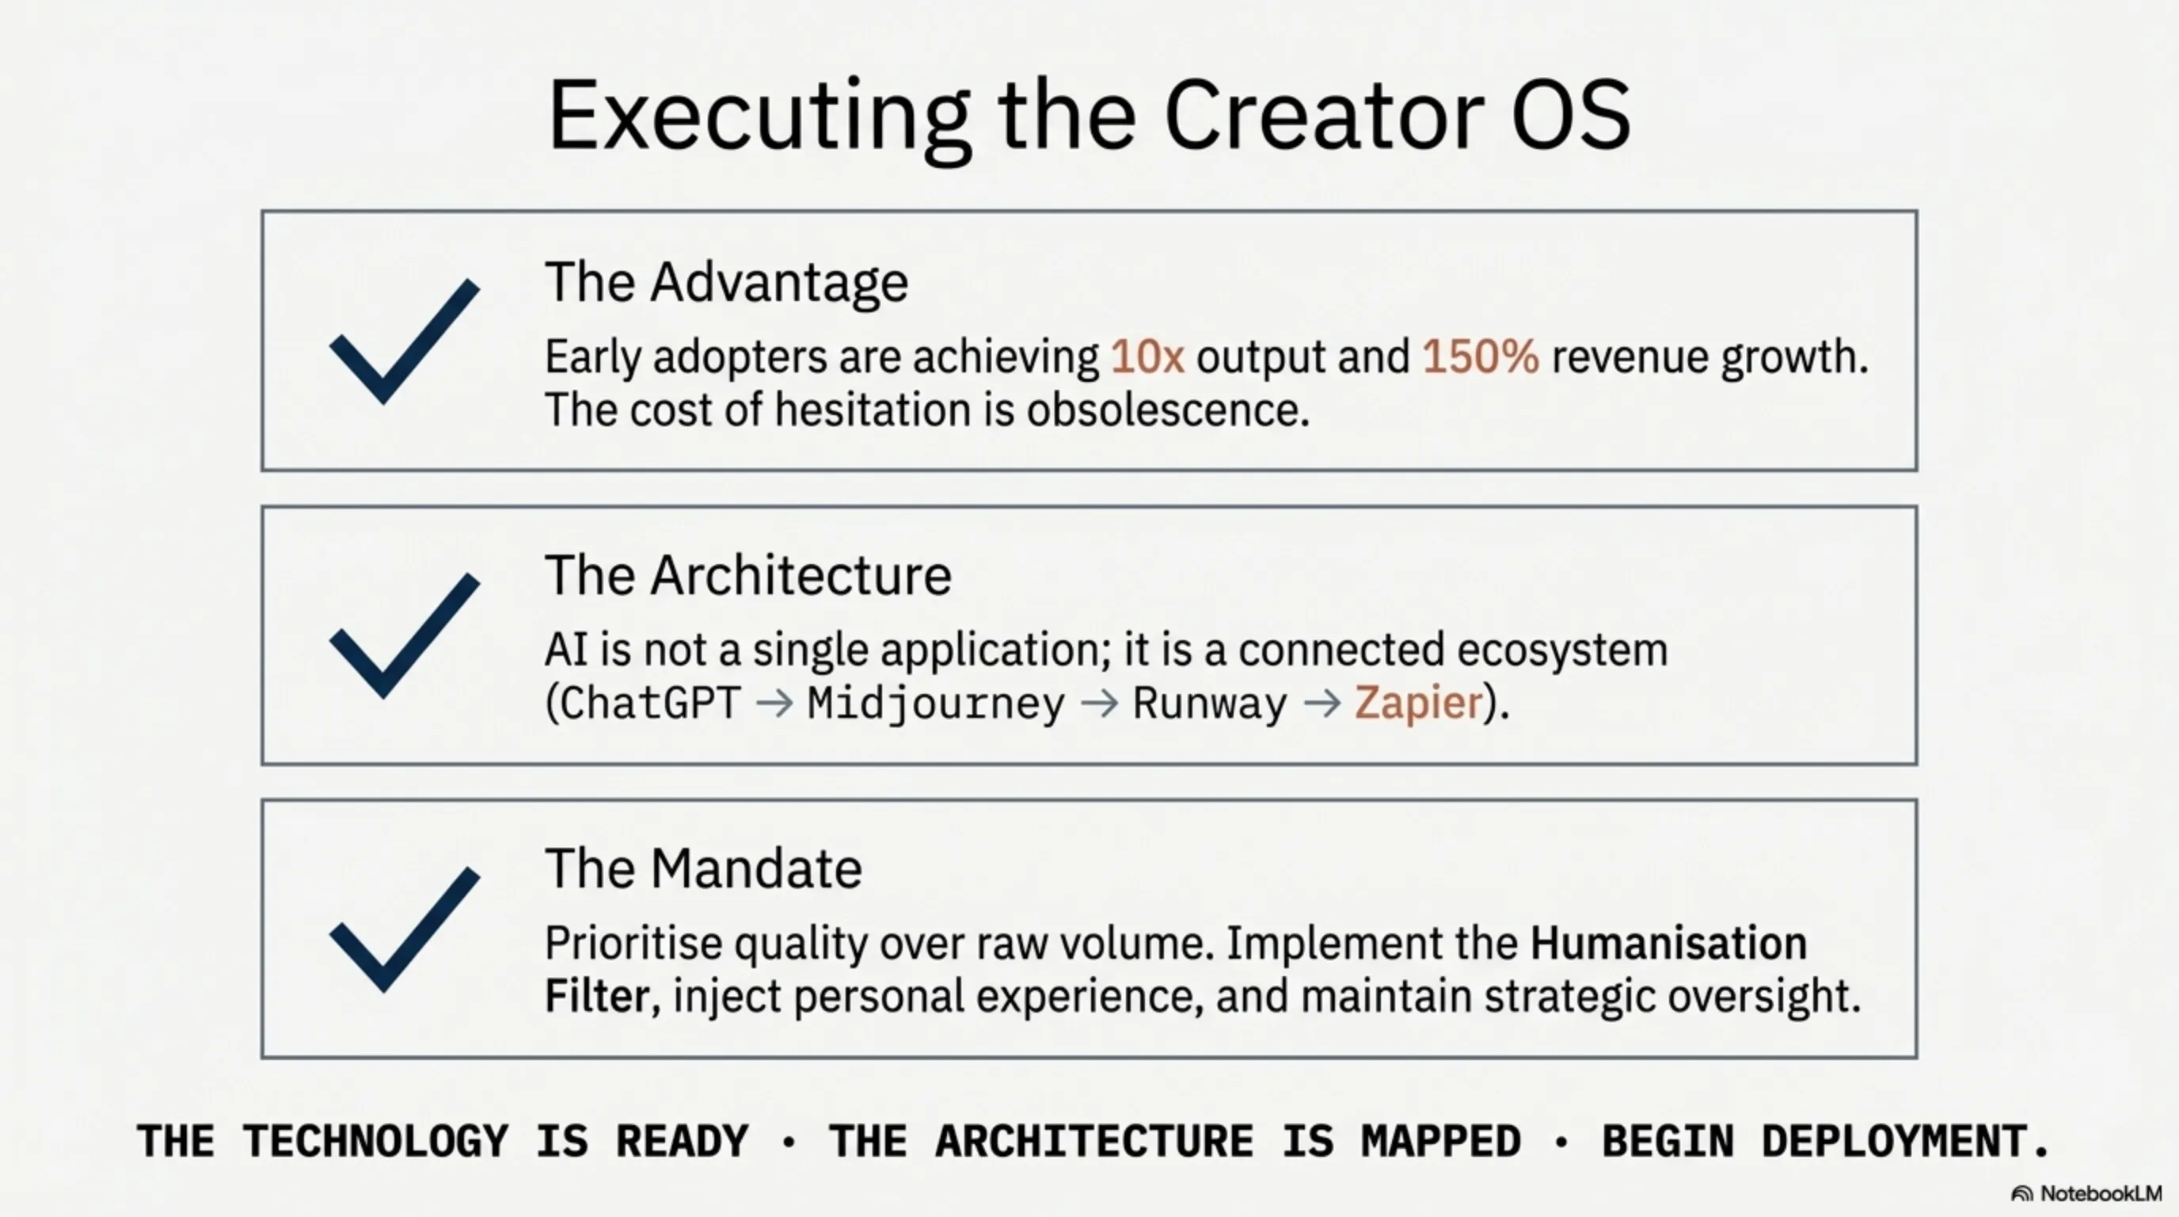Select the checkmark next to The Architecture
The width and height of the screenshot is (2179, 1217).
[x=405, y=635]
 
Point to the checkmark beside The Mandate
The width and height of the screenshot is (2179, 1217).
[x=405, y=929]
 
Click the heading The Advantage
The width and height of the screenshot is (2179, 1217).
[x=727, y=283]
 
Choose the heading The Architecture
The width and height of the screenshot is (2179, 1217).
[x=748, y=576]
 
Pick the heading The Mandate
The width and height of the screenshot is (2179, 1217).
[x=704, y=869]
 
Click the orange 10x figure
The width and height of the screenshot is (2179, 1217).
[x=1147, y=357]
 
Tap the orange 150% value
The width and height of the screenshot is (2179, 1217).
[x=1481, y=357]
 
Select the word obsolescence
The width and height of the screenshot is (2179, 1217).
[x=1167, y=410]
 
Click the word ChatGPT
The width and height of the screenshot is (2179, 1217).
[x=651, y=704]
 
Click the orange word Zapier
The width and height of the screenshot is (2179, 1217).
[x=1419, y=704]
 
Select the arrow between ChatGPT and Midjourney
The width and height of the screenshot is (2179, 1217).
[x=774, y=704]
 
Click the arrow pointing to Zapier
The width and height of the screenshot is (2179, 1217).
[x=1322, y=704]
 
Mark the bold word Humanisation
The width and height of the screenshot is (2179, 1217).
[x=1668, y=944]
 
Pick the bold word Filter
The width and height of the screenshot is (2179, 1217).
[x=597, y=996]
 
